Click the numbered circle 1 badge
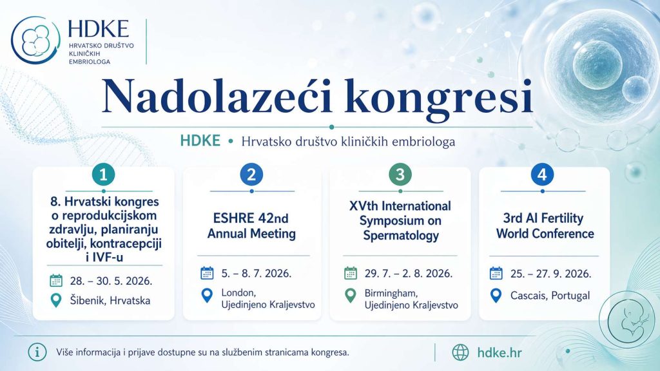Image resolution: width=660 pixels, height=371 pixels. [103, 174]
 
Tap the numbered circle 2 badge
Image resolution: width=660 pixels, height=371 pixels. [252, 174]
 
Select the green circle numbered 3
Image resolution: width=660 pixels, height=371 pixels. [400, 174]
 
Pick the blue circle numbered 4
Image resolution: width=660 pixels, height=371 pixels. [542, 174]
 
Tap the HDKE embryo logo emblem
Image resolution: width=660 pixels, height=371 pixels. [35, 41]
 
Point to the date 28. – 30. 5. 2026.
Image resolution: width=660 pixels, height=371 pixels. [111, 281]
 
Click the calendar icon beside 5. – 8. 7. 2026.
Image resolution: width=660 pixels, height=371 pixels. [207, 273]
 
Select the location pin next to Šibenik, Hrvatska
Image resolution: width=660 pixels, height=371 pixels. [56, 300]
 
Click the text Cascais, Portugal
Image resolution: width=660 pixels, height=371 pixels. [550, 295]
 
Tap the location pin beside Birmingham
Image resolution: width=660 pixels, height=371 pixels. [350, 296]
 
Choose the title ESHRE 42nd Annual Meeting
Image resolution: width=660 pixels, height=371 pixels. [252, 226]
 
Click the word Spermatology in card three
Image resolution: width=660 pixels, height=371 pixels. [401, 234]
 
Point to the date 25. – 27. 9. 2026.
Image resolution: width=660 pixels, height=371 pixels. [550, 273]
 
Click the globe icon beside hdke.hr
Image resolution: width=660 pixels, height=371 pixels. [460, 352]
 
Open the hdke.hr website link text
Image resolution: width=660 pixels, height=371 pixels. [500, 352]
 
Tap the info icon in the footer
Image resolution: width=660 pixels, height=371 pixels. [37, 352]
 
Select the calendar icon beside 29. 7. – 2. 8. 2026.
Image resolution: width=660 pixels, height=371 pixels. [350, 273]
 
